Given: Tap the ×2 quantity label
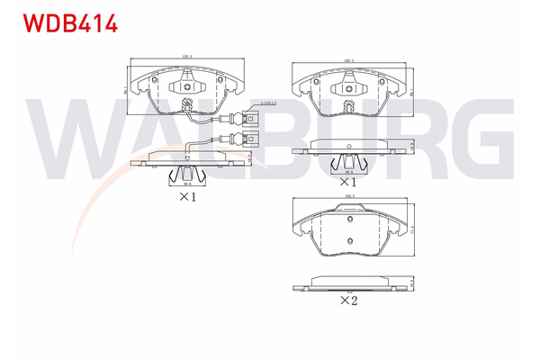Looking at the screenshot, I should [350, 301].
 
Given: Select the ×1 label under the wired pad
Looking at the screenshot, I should [186, 195].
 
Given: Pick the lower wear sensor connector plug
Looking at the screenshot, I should [243, 139].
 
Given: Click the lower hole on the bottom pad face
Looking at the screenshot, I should [349, 241].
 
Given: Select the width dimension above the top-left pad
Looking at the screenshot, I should [187, 58].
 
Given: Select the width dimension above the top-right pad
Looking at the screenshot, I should [349, 60].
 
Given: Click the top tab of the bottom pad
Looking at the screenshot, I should [349, 209].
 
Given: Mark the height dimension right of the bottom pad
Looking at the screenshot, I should [413, 229].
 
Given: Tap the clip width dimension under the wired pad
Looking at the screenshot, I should [186, 184].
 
